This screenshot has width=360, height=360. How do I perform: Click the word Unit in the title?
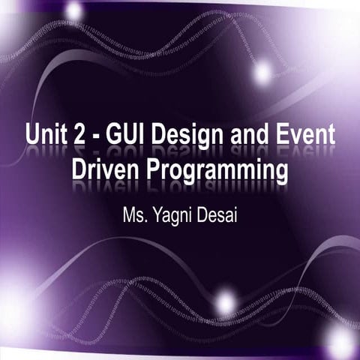pyautogui.click(x=45, y=139)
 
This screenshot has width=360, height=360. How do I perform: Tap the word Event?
pyautogui.click(x=309, y=139)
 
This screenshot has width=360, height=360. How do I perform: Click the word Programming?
pyautogui.click(x=217, y=171)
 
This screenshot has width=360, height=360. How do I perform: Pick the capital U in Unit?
pyautogui.click(x=32, y=139)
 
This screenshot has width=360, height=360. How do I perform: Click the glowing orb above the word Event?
pyautogui.click(x=262, y=73)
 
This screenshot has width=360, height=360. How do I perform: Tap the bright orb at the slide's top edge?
pyautogui.click(x=74, y=10)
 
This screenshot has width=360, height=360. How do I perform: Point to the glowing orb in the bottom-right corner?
pyautogui.click(x=341, y=342)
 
